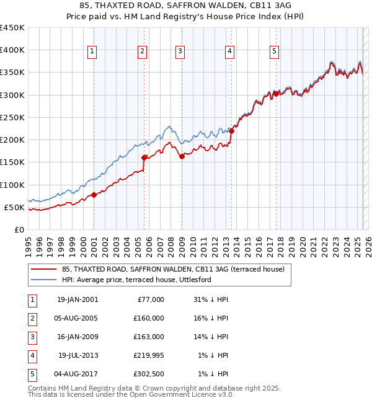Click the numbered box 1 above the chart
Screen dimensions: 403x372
click(92, 51)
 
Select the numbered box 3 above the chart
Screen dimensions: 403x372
click(180, 51)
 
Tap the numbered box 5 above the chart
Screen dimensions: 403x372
click(274, 51)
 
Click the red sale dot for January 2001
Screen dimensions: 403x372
click(94, 195)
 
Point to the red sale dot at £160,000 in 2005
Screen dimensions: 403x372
click(144, 157)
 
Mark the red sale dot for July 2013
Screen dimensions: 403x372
click(231, 131)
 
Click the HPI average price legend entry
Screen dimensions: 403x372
click(136, 280)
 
